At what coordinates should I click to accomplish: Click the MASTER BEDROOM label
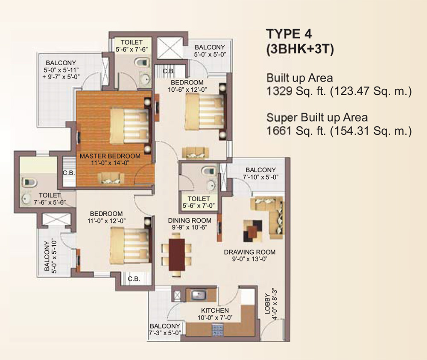(110, 156)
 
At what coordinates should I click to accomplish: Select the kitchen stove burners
(217, 329)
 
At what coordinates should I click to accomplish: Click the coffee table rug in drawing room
(252, 230)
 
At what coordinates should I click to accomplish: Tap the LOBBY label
(267, 302)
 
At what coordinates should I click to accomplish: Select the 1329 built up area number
(278, 91)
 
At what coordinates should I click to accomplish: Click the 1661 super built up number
(278, 130)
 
